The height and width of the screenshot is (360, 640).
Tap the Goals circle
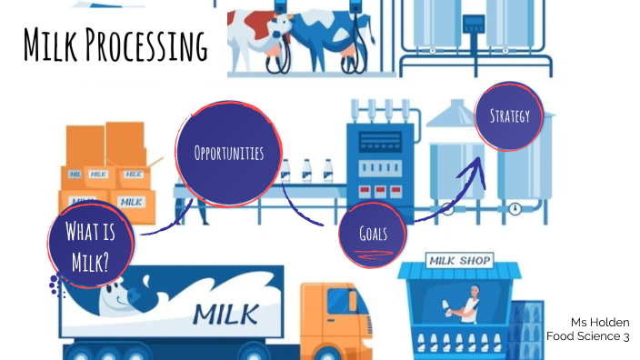[x=371, y=234]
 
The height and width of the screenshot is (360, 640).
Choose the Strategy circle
[x=508, y=115]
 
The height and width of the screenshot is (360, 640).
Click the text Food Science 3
[x=588, y=336]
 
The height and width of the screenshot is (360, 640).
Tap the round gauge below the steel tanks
[x=515, y=208]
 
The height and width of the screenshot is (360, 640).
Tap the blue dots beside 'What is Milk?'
[x=57, y=286]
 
